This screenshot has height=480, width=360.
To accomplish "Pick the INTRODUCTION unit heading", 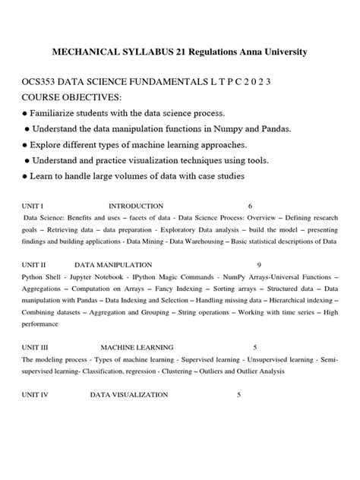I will click(136, 206).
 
